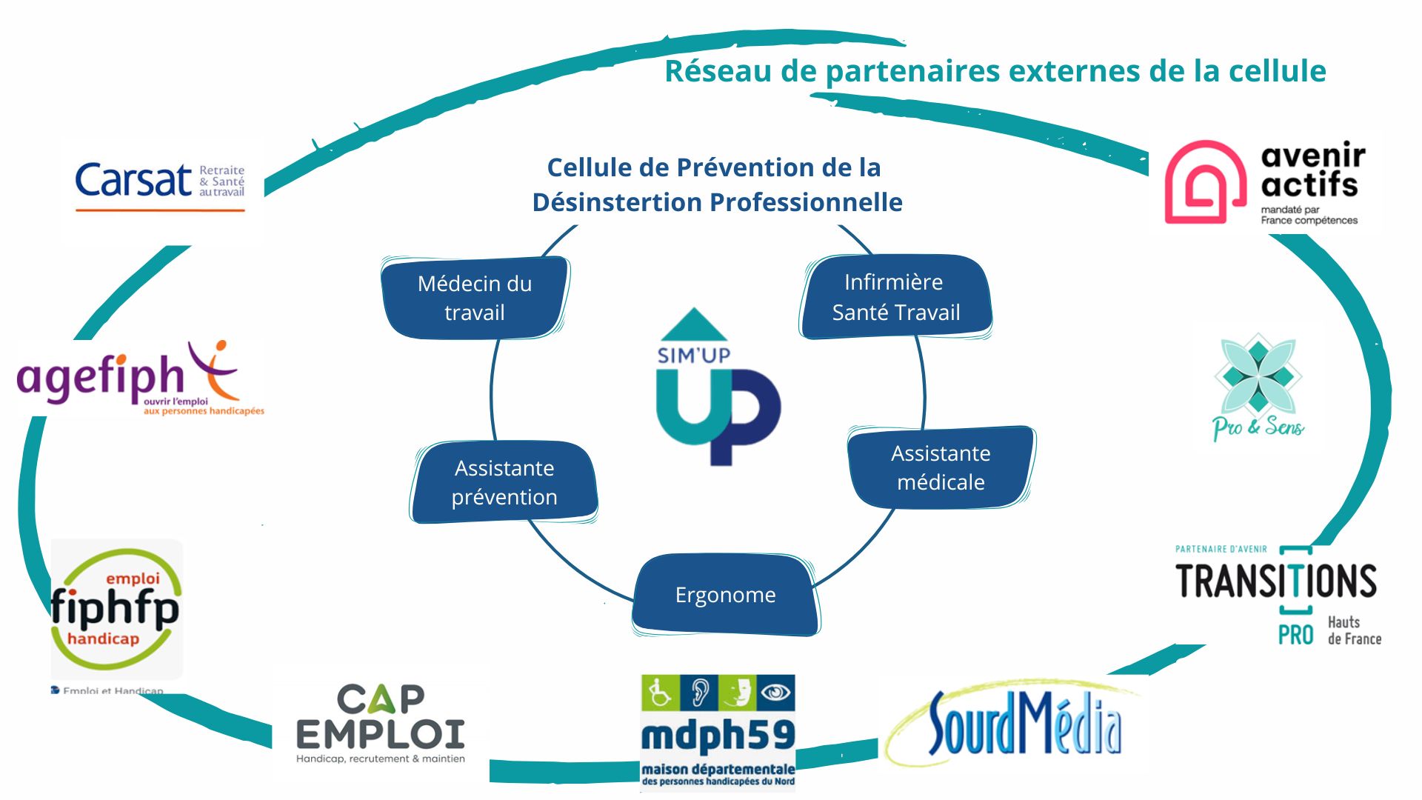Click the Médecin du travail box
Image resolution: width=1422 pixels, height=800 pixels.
click(x=475, y=298)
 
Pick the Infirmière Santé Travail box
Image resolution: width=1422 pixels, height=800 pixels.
click(x=895, y=297)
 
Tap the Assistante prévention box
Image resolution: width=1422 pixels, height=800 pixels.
click(x=504, y=482)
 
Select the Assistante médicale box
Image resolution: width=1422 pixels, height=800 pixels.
click(x=941, y=467)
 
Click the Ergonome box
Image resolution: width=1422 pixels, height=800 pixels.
click(x=725, y=595)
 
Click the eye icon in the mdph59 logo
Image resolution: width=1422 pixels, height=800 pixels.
click(x=775, y=693)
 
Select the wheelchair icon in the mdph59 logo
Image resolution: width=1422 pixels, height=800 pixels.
click(x=659, y=693)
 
